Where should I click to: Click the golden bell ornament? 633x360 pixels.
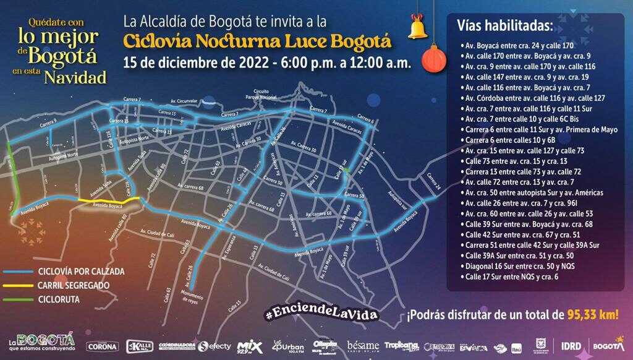pyautogui.click(x=418, y=27)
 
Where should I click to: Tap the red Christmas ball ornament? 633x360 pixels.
pyautogui.click(x=434, y=59)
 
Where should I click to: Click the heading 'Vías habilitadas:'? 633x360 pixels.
pyautogui.click(x=504, y=25)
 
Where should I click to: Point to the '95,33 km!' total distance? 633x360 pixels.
pyautogui.click(x=592, y=314)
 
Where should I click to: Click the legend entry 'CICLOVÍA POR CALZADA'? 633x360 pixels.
pyautogui.click(x=81, y=271)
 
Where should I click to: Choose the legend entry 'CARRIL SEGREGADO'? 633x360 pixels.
pyautogui.click(x=74, y=285)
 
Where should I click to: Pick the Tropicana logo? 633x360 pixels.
pyautogui.click(x=402, y=346)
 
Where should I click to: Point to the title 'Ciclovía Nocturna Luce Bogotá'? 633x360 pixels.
pyautogui.click(x=257, y=41)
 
